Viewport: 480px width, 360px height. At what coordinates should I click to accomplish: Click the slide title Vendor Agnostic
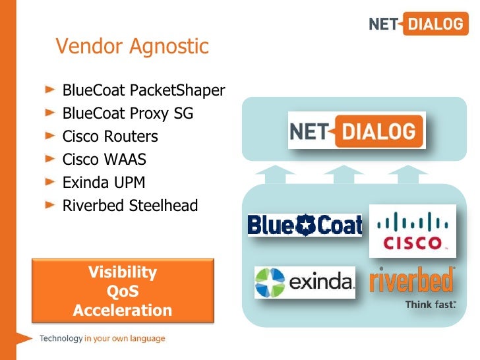click(132, 46)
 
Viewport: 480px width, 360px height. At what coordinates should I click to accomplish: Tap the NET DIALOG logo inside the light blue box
click(357, 131)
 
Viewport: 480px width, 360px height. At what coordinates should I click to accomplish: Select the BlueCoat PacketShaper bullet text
click(144, 90)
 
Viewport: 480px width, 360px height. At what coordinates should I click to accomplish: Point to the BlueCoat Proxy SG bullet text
click(128, 113)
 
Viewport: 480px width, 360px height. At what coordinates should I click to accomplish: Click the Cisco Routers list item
click(110, 136)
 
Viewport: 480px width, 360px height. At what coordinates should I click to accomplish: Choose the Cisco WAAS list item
click(104, 160)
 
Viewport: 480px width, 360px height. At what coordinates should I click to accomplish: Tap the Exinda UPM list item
click(104, 183)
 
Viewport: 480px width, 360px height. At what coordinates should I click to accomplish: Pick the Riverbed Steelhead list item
click(130, 206)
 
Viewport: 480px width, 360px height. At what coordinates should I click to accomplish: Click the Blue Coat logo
click(305, 225)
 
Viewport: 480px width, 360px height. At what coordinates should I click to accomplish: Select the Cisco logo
click(412, 231)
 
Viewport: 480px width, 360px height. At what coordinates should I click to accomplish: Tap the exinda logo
click(305, 283)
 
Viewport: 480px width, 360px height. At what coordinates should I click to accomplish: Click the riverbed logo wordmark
click(412, 280)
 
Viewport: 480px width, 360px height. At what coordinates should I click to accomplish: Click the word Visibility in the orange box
click(123, 272)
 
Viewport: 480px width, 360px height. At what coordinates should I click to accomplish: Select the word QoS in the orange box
click(123, 291)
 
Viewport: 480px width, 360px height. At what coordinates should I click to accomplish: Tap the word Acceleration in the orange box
click(123, 311)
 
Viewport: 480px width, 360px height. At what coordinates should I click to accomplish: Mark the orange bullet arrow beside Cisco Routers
click(50, 136)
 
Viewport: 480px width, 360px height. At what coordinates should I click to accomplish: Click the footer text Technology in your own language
click(102, 339)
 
